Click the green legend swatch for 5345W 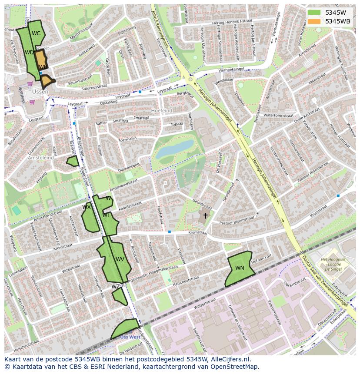[x=313, y=12]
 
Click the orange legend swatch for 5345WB [x=313, y=21]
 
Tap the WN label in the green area [x=240, y=268]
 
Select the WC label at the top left [x=36, y=33]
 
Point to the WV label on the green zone [x=120, y=259]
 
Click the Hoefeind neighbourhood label [x=161, y=111]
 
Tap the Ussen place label [x=40, y=92]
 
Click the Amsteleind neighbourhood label [x=41, y=158]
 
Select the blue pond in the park [x=175, y=149]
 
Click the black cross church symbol [x=205, y=215]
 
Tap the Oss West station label [x=130, y=337]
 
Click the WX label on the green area [x=87, y=207]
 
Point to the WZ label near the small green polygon [x=115, y=287]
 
